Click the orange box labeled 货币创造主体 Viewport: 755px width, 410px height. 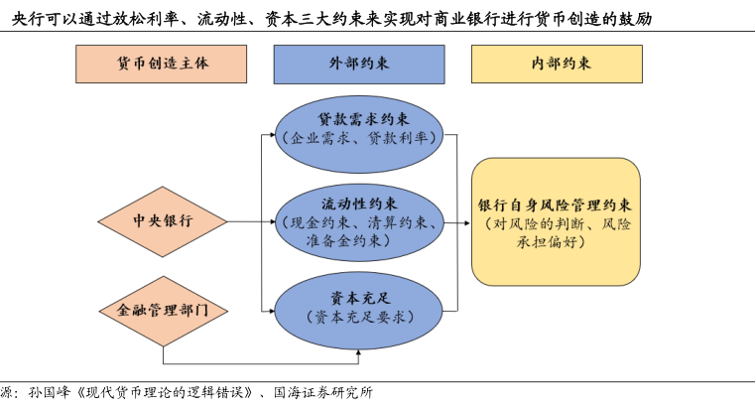click(162, 65)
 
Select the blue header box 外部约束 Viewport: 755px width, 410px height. click(359, 65)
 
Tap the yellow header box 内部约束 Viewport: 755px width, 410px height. click(557, 65)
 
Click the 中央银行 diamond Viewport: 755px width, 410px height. click(163, 221)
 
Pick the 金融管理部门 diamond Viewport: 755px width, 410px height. click(164, 311)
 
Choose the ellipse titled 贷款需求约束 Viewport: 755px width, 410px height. click(359, 134)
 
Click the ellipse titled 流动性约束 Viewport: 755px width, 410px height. click(359, 222)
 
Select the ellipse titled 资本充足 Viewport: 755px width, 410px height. click(359, 311)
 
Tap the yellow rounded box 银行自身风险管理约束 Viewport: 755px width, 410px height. click(556, 221)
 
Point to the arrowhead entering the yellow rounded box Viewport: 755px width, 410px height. click(467, 223)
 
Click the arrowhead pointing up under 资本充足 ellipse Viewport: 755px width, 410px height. click(359, 353)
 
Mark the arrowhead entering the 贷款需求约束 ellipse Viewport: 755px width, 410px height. click(272, 135)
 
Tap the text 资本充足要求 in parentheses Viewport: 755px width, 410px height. click(359, 317)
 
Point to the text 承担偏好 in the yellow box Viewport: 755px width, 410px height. click(547, 241)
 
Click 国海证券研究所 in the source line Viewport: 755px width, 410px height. click(323, 393)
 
